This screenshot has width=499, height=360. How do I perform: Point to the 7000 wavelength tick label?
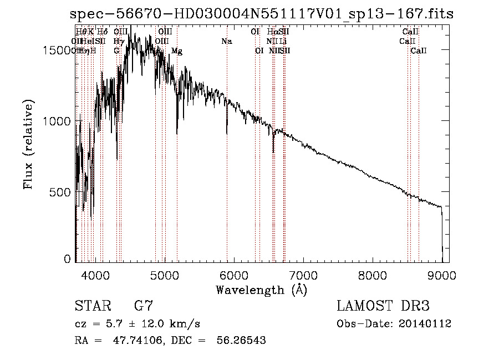(x=303, y=275)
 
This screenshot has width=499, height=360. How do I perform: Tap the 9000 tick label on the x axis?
(x=442, y=275)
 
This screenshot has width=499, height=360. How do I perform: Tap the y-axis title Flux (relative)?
(x=29, y=145)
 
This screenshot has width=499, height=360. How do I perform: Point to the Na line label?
(x=226, y=41)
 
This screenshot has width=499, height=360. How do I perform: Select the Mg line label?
(x=177, y=50)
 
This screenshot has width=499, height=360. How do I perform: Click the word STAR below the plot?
(x=93, y=306)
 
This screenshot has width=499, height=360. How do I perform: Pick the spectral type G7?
(x=143, y=306)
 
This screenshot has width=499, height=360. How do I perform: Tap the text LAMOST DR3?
(x=383, y=306)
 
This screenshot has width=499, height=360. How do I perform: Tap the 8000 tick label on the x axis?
(x=373, y=275)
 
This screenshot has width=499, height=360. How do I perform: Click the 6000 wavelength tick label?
(x=233, y=275)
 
